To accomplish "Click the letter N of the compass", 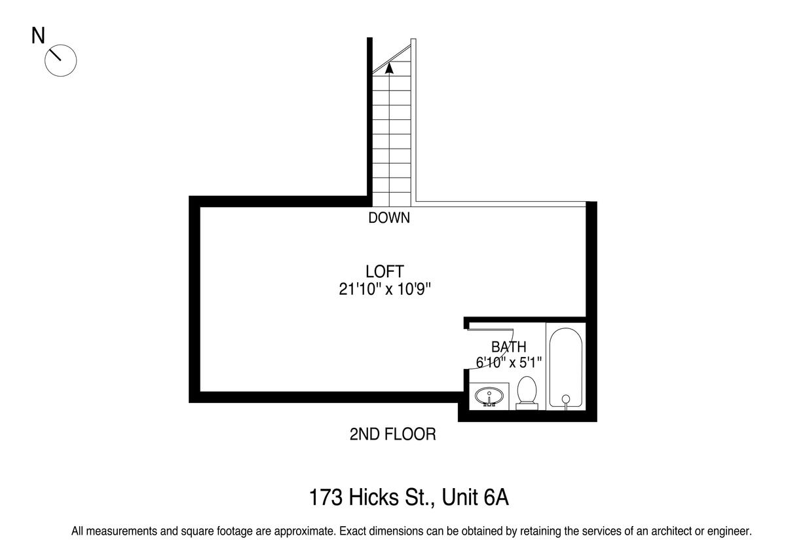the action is [38, 36].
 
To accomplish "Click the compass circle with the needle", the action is [61, 61].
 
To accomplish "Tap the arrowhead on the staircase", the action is [389, 68].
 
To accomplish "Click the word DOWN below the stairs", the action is [389, 218].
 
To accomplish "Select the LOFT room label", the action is [385, 272].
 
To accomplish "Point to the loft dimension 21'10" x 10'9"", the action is [385, 290].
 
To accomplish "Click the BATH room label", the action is [509, 347].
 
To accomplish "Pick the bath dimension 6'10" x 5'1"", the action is [509, 362].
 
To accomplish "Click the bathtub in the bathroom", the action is [566, 368].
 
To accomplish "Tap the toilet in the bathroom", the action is [527, 392].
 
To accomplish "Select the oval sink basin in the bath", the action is [489, 396].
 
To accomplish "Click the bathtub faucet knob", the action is [566, 399].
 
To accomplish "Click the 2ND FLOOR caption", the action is [392, 434].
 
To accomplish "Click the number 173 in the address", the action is [326, 497].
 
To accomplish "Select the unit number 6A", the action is [495, 497].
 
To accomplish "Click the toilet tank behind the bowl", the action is [527, 406].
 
